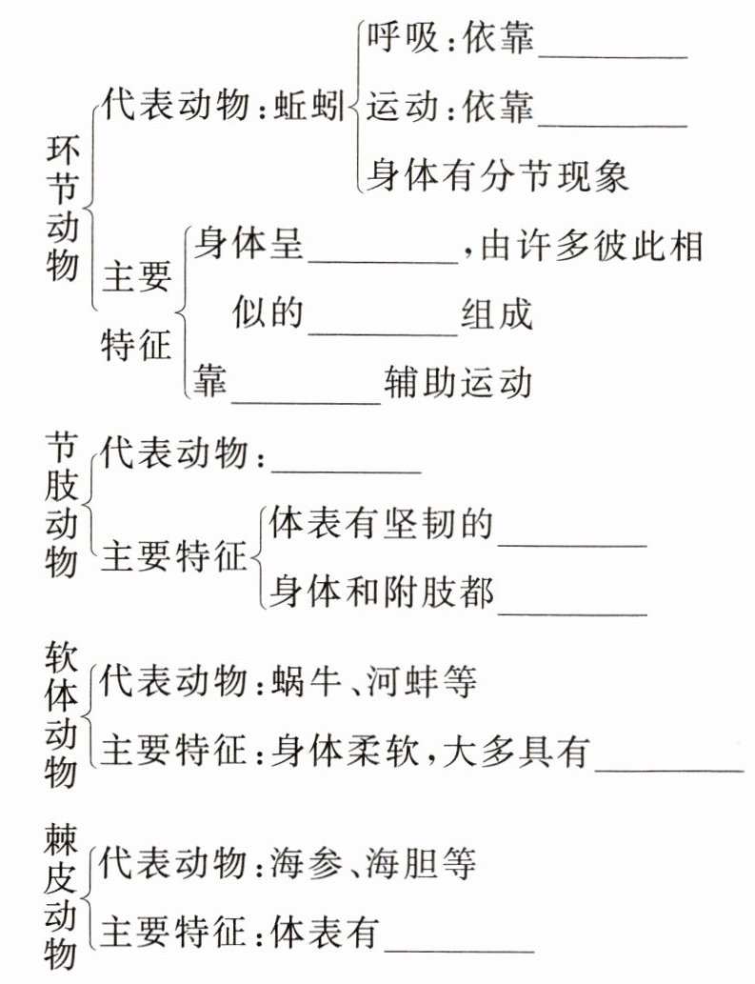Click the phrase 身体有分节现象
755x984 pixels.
pyautogui.click(x=497, y=176)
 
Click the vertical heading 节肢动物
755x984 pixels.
pyautogui.click(x=62, y=505)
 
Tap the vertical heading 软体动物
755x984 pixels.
pyautogui.click(x=62, y=714)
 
